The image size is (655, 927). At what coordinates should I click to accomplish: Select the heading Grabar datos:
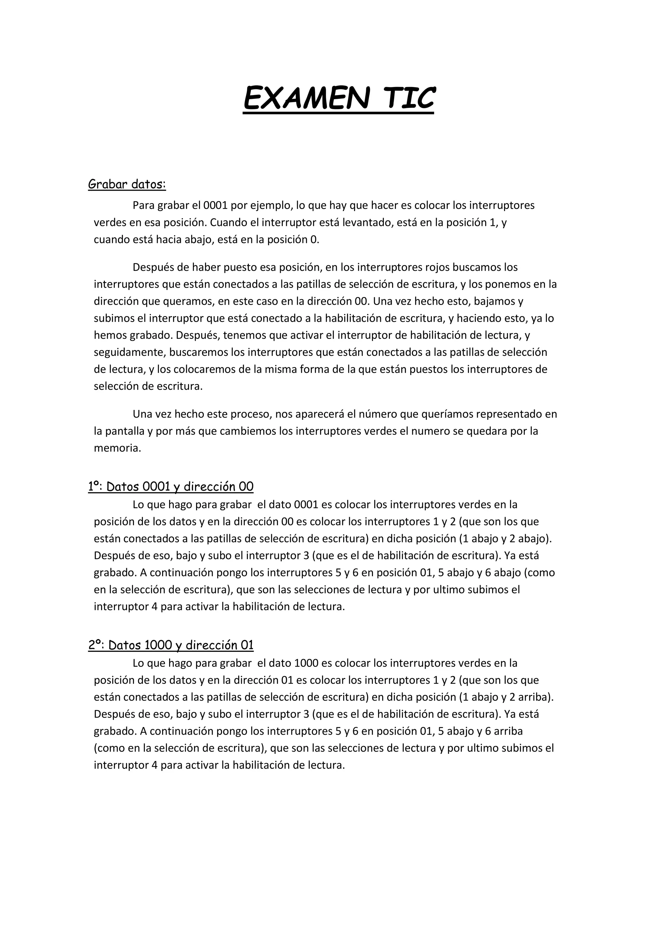point(127,185)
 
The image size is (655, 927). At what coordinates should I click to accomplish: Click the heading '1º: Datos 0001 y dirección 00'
point(171,486)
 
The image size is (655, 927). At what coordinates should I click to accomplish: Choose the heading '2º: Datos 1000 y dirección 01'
point(171,645)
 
